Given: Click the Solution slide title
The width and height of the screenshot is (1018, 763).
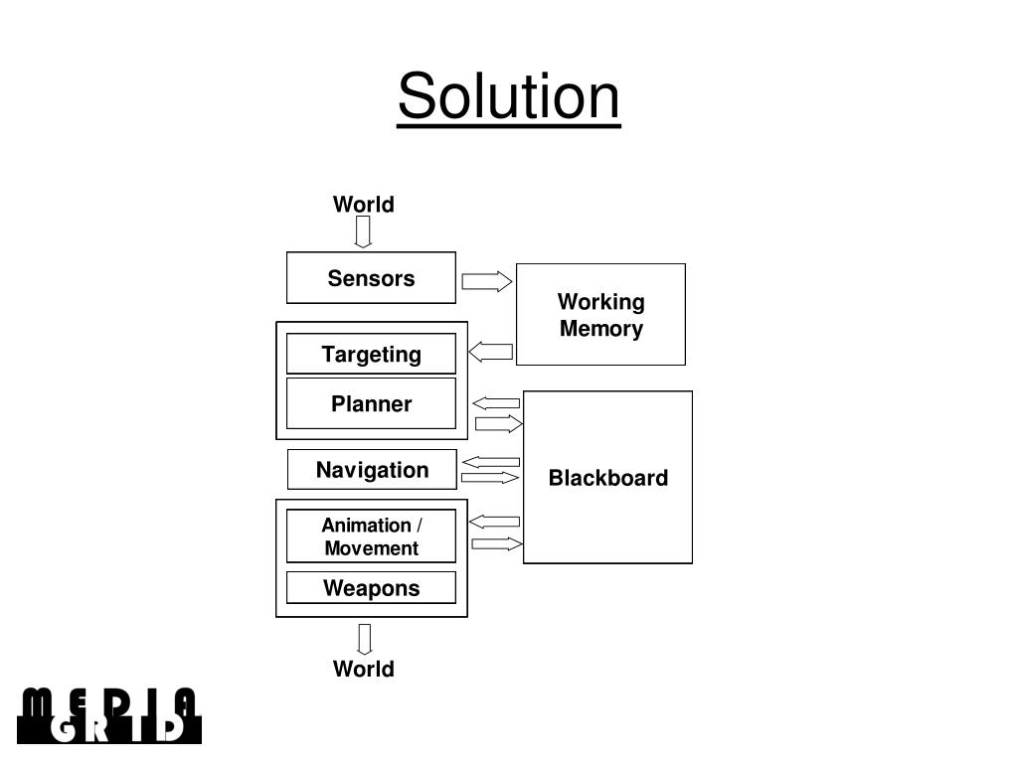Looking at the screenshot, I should (509, 97).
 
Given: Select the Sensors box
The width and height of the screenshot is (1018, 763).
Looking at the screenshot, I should (371, 278).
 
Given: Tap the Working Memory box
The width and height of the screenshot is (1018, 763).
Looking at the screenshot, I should (600, 315).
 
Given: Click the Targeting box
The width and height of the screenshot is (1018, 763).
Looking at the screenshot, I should (371, 354).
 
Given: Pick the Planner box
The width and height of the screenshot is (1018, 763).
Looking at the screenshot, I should (371, 403).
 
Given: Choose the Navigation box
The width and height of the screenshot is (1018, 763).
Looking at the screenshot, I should (372, 470).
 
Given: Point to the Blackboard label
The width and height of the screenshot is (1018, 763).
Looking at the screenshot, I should (607, 478).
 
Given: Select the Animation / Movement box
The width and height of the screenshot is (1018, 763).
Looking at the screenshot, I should (371, 536).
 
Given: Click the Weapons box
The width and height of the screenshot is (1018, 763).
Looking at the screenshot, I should (371, 588).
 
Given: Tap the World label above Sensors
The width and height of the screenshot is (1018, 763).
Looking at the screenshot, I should (363, 205).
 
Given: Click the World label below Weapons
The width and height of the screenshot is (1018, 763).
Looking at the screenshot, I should (363, 669).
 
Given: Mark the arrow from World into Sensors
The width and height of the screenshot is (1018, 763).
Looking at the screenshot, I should (364, 232).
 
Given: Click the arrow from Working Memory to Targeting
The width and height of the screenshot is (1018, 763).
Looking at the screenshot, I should (491, 352).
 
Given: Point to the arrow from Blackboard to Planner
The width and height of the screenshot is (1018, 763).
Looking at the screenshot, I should (496, 403).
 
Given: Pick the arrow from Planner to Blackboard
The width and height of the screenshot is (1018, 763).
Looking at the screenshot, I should (499, 424).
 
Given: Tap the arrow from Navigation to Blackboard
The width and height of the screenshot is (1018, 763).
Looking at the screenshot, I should (491, 478).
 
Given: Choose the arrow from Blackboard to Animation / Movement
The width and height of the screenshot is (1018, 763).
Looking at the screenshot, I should (494, 522).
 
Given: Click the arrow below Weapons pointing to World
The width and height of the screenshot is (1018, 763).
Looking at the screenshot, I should (365, 639).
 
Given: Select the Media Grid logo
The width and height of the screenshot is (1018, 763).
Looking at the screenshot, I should (109, 715).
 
